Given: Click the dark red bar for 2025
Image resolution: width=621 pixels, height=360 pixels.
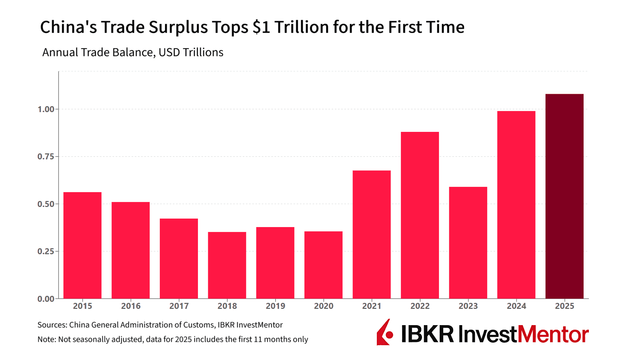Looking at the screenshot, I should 564,196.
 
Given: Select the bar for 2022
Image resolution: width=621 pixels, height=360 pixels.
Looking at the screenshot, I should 420,215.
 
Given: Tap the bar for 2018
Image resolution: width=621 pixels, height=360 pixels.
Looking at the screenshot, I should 227,265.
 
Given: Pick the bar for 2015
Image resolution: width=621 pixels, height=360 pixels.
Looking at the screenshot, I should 82,245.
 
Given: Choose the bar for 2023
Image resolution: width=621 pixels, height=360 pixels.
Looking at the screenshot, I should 468,243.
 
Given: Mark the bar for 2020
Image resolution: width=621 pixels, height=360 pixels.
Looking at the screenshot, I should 323,265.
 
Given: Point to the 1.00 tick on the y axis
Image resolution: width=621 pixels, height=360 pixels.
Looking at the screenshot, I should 46,109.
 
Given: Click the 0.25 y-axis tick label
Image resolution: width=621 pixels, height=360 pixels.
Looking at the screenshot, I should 46,251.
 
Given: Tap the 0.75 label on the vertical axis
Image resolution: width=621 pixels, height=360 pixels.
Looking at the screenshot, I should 46,157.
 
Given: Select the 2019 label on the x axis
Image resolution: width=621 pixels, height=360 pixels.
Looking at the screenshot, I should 275,306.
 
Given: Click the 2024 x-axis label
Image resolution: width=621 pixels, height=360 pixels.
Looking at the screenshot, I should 516,306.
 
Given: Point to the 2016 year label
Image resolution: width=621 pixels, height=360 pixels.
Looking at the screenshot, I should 131,306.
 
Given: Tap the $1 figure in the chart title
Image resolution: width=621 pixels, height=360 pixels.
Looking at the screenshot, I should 261,27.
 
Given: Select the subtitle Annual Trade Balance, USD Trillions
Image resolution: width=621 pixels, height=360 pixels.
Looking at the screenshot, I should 133,53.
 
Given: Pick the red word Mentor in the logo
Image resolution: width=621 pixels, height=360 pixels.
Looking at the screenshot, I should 553,334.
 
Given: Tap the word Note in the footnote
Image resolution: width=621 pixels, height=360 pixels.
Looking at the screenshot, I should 46,339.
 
